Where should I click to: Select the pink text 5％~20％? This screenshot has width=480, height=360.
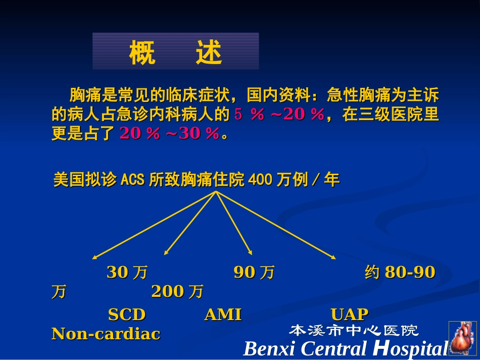(279, 115)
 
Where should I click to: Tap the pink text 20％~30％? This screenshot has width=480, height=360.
(170, 133)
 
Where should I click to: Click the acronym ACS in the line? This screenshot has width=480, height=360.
(132, 180)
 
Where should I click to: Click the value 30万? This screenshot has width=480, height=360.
(127, 273)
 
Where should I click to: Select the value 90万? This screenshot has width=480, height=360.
(254, 273)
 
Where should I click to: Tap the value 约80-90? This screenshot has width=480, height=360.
(400, 273)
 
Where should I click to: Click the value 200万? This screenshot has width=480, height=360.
(177, 291)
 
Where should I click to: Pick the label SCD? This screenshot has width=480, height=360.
(127, 315)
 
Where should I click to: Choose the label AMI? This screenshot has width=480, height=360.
(223, 315)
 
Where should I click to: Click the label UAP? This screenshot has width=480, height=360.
(350, 315)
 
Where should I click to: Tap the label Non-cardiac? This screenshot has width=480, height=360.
(106, 334)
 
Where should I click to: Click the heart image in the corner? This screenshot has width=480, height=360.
(462, 338)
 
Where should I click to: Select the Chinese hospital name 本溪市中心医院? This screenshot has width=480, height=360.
(354, 331)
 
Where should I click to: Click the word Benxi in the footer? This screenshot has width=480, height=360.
(268, 349)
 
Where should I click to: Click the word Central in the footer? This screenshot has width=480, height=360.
(335, 349)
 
